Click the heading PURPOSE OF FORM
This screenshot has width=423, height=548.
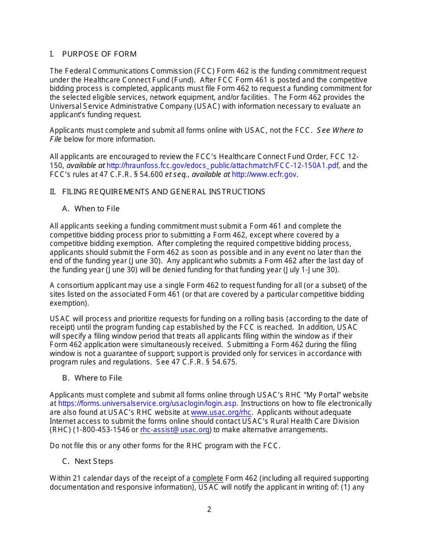99,54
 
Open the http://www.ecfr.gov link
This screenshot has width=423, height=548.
264,175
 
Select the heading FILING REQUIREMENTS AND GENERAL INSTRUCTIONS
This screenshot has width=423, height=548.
163,192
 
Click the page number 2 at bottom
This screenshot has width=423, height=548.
209,509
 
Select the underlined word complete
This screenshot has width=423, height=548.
207,478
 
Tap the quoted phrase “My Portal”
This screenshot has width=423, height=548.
319,395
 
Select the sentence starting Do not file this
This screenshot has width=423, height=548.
165,446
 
